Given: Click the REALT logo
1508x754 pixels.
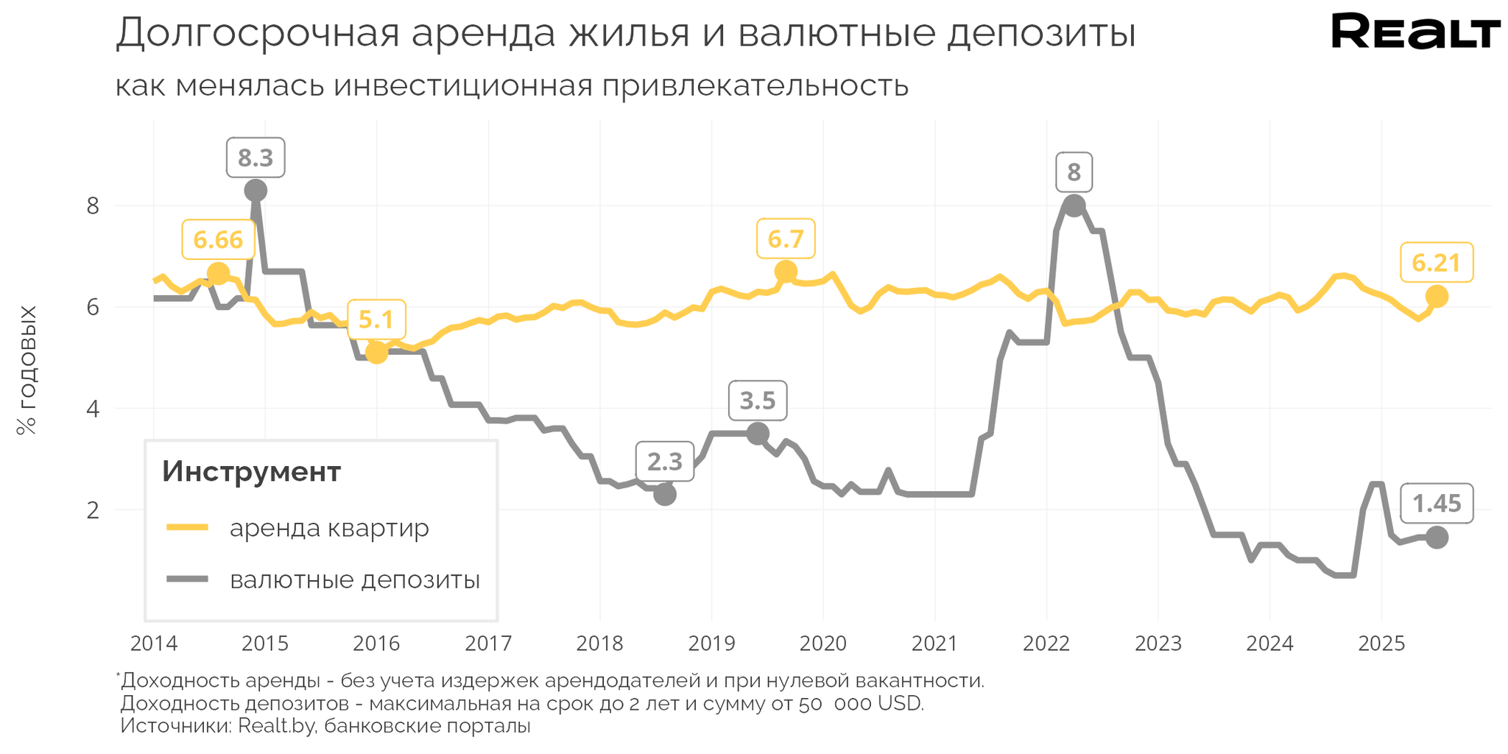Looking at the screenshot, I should point(1415,32).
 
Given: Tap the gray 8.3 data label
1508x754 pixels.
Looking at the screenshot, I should point(256,158).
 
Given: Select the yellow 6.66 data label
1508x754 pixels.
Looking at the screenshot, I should point(218,239).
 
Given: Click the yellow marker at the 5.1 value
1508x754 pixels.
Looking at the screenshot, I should point(376,353).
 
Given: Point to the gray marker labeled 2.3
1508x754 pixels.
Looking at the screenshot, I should point(665,494).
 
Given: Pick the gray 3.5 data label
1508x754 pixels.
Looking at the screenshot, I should point(758,401).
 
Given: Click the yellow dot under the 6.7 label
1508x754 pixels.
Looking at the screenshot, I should point(786,272).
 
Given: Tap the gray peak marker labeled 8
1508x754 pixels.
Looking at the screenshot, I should point(1074,206).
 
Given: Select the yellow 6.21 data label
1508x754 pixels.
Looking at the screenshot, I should point(1436,262).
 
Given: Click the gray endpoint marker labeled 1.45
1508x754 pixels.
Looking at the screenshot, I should point(1437,538).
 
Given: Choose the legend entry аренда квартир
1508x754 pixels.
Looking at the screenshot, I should point(328,528).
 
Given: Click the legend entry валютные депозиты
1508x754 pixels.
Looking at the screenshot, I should point(354,579).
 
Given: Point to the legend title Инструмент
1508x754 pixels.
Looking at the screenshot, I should point(251,471).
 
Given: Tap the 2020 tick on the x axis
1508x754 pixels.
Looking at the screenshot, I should point(823,644).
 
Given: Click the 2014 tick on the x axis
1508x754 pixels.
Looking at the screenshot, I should point(153,644).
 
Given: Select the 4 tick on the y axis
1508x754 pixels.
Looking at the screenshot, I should point(93,409).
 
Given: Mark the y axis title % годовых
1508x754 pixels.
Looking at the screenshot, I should point(27,370).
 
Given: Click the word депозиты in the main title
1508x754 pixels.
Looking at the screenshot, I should point(1041,34).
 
